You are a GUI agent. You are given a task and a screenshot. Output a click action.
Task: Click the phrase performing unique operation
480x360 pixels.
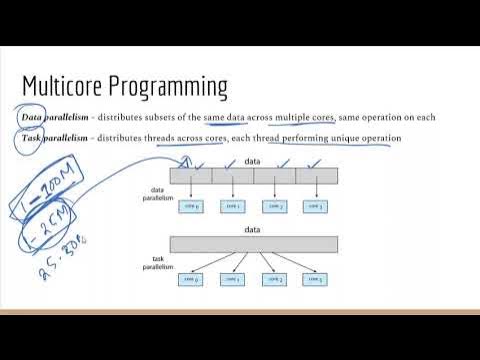coord(346,137)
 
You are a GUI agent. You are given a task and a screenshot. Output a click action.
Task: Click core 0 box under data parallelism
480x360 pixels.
coord(191,206)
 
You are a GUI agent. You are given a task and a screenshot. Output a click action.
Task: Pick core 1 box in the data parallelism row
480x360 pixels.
coord(233,206)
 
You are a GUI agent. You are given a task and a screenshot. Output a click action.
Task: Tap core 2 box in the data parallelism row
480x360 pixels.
coord(275,206)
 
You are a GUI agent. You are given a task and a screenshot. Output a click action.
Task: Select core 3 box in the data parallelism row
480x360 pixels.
coord(317,206)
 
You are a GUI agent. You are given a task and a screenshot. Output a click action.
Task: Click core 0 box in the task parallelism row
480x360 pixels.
coord(191,278)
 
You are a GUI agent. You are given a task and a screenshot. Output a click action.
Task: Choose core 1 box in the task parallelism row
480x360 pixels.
coord(233,278)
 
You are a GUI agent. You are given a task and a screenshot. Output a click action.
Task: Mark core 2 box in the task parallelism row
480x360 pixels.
coord(275,278)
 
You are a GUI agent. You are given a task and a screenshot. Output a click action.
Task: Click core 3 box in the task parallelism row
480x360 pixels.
coord(317,278)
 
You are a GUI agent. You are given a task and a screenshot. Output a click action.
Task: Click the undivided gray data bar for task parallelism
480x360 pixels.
coord(254,244)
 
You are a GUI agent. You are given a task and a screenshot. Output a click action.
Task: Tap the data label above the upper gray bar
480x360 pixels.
coord(254,160)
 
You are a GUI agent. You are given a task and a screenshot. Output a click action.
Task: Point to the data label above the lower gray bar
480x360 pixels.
coord(254,229)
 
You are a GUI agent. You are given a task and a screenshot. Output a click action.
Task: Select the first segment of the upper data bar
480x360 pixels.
coord(191,174)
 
